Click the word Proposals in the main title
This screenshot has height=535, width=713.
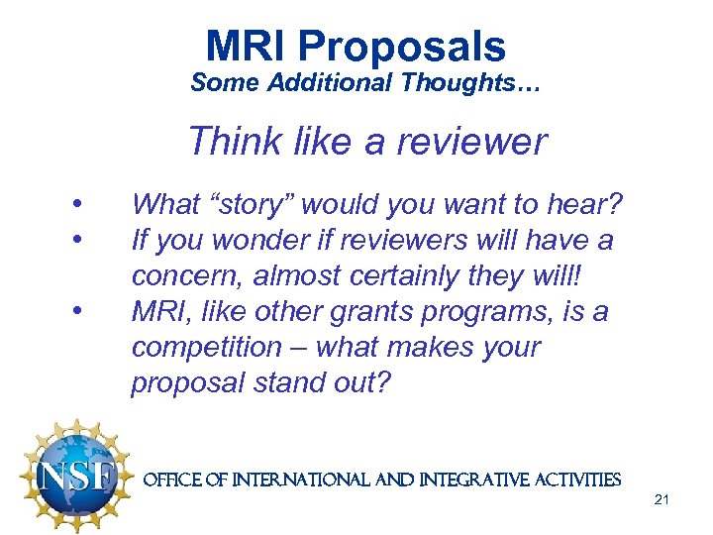401,47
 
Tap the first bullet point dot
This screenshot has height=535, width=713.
76,205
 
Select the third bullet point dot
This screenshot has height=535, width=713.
76,312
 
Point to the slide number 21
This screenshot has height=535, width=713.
662,499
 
